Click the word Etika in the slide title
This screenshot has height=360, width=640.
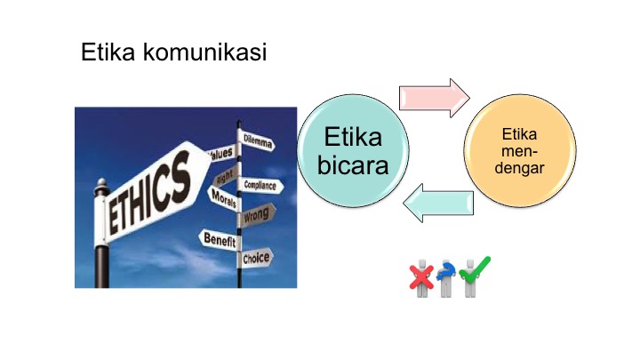coord(108,52)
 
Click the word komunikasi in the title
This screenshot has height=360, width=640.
coord(205,52)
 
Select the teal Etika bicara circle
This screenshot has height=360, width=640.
coord(353,150)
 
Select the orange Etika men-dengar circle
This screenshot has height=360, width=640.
coord(520,150)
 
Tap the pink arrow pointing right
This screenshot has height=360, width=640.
coord(435,99)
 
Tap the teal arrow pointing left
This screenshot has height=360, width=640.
coord(438,203)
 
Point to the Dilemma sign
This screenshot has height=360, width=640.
coord(257,140)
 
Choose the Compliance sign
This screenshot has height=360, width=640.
coord(260,186)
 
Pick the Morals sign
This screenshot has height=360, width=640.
coord(224,198)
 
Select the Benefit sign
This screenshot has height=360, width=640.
coord(220,239)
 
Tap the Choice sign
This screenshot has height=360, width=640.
coord(256,258)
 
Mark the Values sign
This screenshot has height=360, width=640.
coord(221,154)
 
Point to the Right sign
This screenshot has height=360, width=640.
coord(226,176)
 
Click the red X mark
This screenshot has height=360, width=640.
coord(421,276)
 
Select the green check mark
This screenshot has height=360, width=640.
coord(475,270)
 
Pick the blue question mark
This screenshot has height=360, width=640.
coord(445,271)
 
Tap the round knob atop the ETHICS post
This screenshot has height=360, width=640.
coord(101,182)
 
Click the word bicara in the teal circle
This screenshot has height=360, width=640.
coord(353,165)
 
